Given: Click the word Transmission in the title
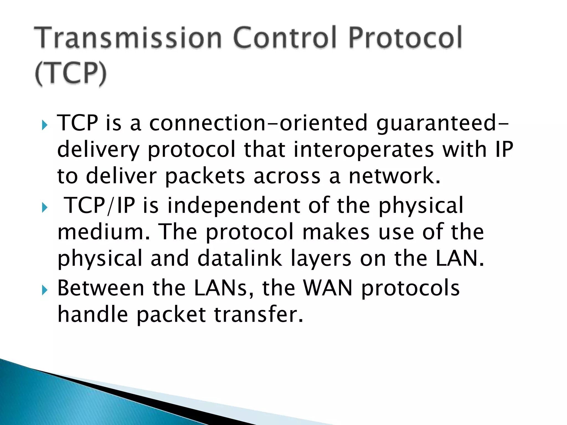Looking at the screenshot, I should pyautogui.click(x=128, y=38).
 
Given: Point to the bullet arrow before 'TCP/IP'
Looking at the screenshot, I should pyautogui.click(x=44, y=207).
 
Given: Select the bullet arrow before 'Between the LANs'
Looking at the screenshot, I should pyautogui.click(x=44, y=290).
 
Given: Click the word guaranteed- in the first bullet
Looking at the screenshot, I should pyautogui.click(x=442, y=123).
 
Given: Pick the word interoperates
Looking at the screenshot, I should pyautogui.click(x=363, y=150).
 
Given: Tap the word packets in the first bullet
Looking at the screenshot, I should pyautogui.click(x=205, y=176).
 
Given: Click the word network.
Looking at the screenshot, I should pyautogui.click(x=394, y=176).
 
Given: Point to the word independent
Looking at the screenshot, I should pyautogui.click(x=234, y=206).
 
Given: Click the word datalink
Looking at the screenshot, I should pyautogui.click(x=239, y=258).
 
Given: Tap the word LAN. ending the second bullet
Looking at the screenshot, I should pyautogui.click(x=460, y=258).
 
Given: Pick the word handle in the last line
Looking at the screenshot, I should pyautogui.click(x=92, y=315).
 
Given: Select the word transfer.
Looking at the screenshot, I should pyautogui.click(x=259, y=315).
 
